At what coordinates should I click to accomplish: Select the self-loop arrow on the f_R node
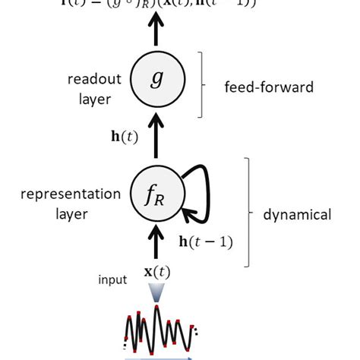(198, 196)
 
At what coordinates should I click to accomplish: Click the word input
(112, 279)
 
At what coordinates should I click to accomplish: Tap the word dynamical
(297, 215)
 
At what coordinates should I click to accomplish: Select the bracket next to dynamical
(248, 213)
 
